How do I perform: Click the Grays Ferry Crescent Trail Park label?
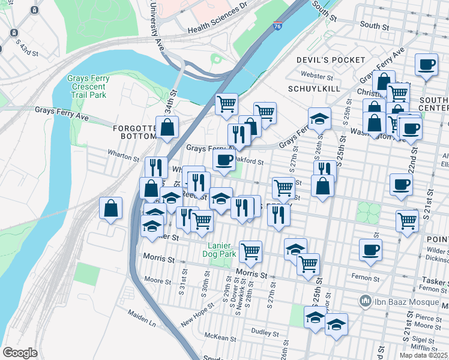pyautogui.click(x=86, y=86)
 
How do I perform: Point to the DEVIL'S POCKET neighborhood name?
pyautogui.click(x=330, y=60)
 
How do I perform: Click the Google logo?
pyautogui.click(x=20, y=352)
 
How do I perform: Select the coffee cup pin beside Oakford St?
pyautogui.click(x=224, y=160)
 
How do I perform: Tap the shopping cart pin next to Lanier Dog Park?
pyautogui.click(x=250, y=251)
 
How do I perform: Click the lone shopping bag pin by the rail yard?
pyautogui.click(x=111, y=209)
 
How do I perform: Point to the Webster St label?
pyautogui.click(x=317, y=76)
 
